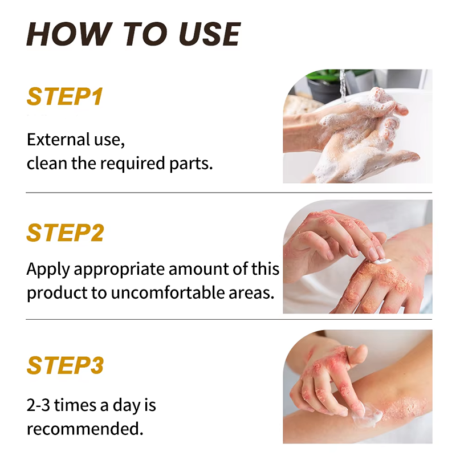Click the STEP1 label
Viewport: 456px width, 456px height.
tap(64, 97)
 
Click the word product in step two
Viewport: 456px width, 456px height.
tap(53, 293)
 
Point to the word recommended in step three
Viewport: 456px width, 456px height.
tap(84, 429)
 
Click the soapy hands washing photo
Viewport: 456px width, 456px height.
tap(357, 127)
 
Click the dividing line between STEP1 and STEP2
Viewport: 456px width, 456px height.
tap(228, 193)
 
